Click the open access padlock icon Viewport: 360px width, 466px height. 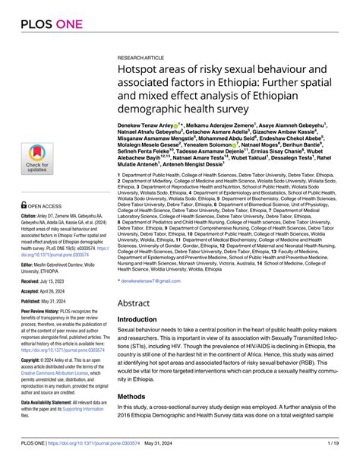point(26,205)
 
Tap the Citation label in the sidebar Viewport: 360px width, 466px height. point(33,216)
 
